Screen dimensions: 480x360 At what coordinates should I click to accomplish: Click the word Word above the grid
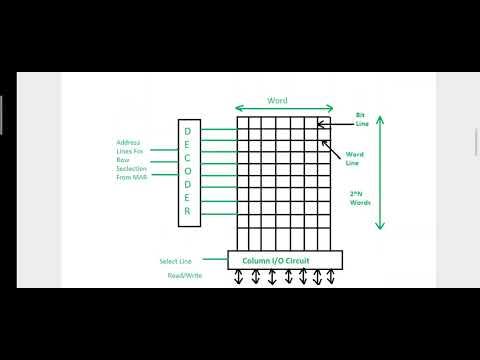point(277,101)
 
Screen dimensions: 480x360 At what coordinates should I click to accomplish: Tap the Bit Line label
point(360,119)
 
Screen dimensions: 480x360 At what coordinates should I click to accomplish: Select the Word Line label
point(354,157)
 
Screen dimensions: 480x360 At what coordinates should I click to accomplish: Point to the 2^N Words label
point(360,198)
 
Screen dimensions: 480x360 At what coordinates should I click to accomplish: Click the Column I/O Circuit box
point(284,260)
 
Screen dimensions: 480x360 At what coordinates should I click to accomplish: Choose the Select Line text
point(175,262)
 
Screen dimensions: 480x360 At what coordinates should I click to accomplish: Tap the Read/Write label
point(185,275)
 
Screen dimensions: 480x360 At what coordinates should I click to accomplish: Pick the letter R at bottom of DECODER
point(187,210)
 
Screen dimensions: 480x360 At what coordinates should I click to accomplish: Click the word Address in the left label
point(129,142)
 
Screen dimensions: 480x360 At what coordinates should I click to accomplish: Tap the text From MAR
point(132,178)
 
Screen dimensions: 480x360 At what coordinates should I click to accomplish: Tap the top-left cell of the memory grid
point(243,124)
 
